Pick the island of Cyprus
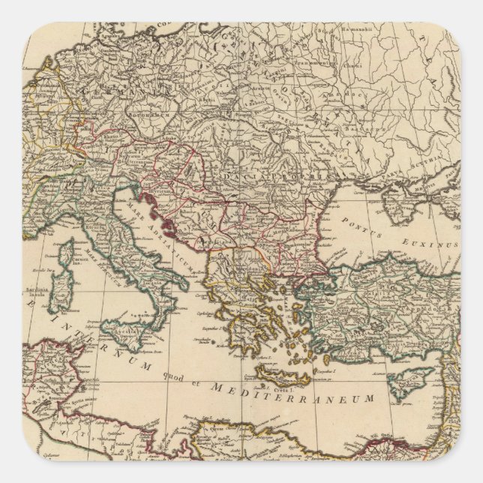coord(412,380)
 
